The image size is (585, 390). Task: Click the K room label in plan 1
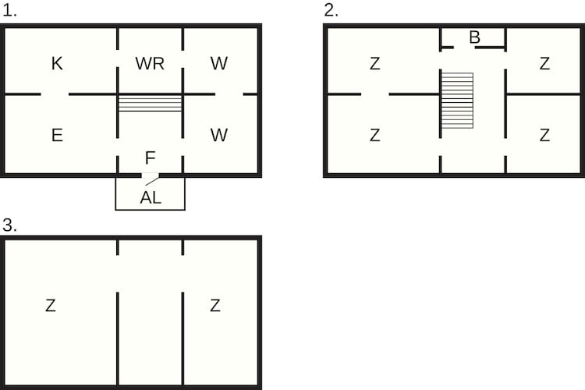tap(57, 63)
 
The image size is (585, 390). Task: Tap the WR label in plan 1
tap(150, 63)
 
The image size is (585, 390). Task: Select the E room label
tap(57, 135)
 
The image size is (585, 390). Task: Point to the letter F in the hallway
tap(150, 158)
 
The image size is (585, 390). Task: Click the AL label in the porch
tap(151, 197)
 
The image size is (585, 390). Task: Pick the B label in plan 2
tap(474, 37)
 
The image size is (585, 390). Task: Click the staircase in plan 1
tap(150, 104)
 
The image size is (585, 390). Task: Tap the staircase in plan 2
tap(457, 101)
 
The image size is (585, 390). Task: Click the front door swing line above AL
tap(152, 182)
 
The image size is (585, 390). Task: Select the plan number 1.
tap(9, 10)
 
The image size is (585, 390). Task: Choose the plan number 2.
tap(331, 10)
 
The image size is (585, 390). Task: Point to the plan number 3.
tap(9, 225)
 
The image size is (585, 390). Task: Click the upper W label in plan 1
tap(218, 63)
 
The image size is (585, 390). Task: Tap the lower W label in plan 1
tap(218, 135)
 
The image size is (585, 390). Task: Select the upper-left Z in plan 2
tap(375, 63)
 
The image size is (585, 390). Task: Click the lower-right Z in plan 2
tap(544, 135)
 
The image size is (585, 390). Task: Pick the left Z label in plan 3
tap(51, 305)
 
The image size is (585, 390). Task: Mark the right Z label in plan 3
tap(215, 305)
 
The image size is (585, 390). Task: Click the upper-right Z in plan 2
tap(544, 63)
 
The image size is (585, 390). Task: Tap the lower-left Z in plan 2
tap(375, 135)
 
